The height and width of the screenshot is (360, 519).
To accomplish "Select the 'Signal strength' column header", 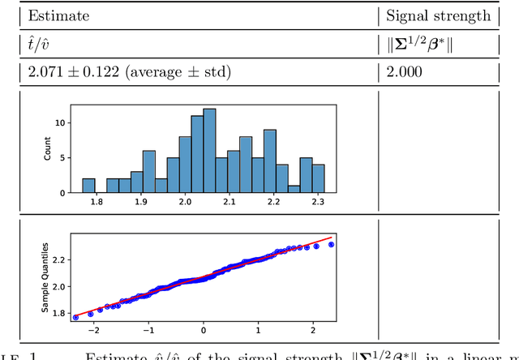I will click(438, 15).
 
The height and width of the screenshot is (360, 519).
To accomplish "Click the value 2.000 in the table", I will click(403, 71).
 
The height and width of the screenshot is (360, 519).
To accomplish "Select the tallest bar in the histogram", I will click(210, 151).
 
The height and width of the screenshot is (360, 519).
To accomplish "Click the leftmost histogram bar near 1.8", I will click(88, 186).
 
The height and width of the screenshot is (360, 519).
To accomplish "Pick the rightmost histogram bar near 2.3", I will click(319, 178).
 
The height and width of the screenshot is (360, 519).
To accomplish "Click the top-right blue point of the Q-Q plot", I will click(331, 244).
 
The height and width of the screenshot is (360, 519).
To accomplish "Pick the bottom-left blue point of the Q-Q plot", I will click(75, 318).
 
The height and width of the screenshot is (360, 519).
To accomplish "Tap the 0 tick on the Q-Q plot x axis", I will click(204, 331).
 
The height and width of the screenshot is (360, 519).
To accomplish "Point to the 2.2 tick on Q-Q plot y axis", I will click(56, 260).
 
